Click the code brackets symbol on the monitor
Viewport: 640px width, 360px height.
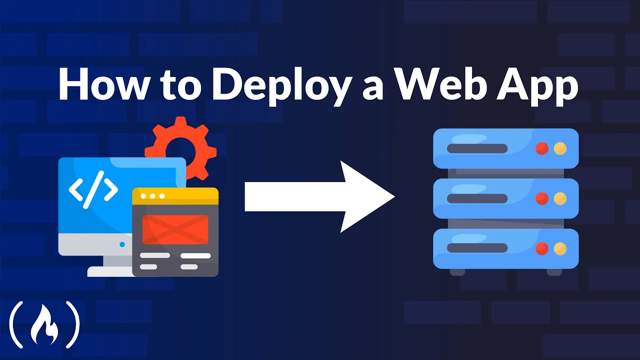pos(93,189)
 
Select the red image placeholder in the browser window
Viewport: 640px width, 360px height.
pos(175,229)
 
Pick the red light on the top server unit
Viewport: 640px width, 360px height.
pos(542,148)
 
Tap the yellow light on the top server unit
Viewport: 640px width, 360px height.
pos(560,148)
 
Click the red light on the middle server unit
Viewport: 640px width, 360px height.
pos(542,198)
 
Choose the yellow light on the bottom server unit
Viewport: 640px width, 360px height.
pos(560,248)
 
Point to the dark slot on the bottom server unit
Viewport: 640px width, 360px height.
pos(477,248)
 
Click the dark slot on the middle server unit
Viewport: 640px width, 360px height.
pos(477,198)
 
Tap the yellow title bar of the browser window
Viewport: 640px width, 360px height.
pos(175,195)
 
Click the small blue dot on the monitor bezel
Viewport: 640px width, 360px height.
pos(122,244)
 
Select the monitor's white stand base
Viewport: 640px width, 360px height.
pos(110,271)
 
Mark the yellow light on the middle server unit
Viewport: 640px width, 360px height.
pos(560,198)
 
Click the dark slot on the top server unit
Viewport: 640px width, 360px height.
pos(477,148)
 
